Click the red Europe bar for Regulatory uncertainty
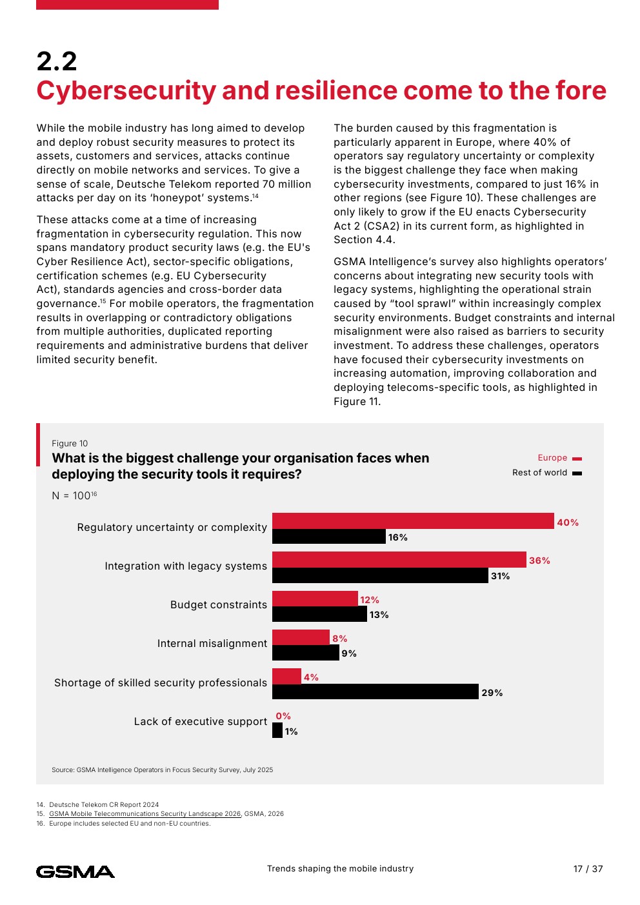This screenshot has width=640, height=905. click(413, 521)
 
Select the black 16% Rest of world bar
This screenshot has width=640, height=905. click(329, 536)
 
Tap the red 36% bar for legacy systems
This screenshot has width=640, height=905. click(399, 559)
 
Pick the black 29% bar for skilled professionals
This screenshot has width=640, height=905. click(375, 691)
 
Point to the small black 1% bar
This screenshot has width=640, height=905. click(277, 730)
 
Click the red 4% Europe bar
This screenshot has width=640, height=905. click(287, 676)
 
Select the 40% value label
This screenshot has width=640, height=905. click(568, 522)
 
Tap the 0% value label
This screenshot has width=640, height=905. click(283, 716)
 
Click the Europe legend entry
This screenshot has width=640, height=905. click(559, 458)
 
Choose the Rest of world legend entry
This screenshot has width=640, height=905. click(547, 473)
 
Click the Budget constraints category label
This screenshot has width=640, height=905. click(219, 605)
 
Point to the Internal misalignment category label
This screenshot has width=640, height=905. click(212, 644)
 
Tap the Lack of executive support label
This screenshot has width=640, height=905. click(201, 722)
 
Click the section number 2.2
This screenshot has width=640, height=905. click(57, 61)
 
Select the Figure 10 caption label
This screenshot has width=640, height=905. click(70, 443)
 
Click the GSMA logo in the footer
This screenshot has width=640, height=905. click(75, 872)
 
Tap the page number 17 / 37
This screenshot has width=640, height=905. click(588, 869)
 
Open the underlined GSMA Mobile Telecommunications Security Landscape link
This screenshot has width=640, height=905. click(145, 813)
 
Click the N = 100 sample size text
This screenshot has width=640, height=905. click(74, 495)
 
